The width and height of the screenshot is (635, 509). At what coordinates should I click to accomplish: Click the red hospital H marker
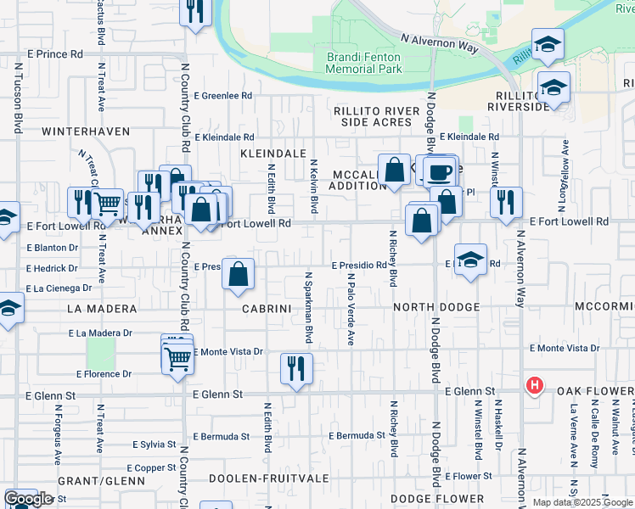click(534, 386)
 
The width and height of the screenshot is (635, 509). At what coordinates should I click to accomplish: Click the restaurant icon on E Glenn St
click(296, 368)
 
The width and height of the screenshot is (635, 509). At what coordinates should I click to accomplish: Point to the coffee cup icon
click(439, 172)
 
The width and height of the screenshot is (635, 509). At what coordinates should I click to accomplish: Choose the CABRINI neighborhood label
click(267, 309)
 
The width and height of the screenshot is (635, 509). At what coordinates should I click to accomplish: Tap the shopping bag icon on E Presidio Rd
click(239, 274)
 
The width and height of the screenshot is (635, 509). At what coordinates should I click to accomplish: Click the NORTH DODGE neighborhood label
click(437, 307)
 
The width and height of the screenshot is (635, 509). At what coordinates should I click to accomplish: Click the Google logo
click(27, 499)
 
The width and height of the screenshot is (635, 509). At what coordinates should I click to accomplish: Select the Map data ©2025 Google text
click(582, 502)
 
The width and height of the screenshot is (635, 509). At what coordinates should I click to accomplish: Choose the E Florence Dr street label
click(104, 373)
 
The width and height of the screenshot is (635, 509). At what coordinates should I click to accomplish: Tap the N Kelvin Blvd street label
click(313, 187)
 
